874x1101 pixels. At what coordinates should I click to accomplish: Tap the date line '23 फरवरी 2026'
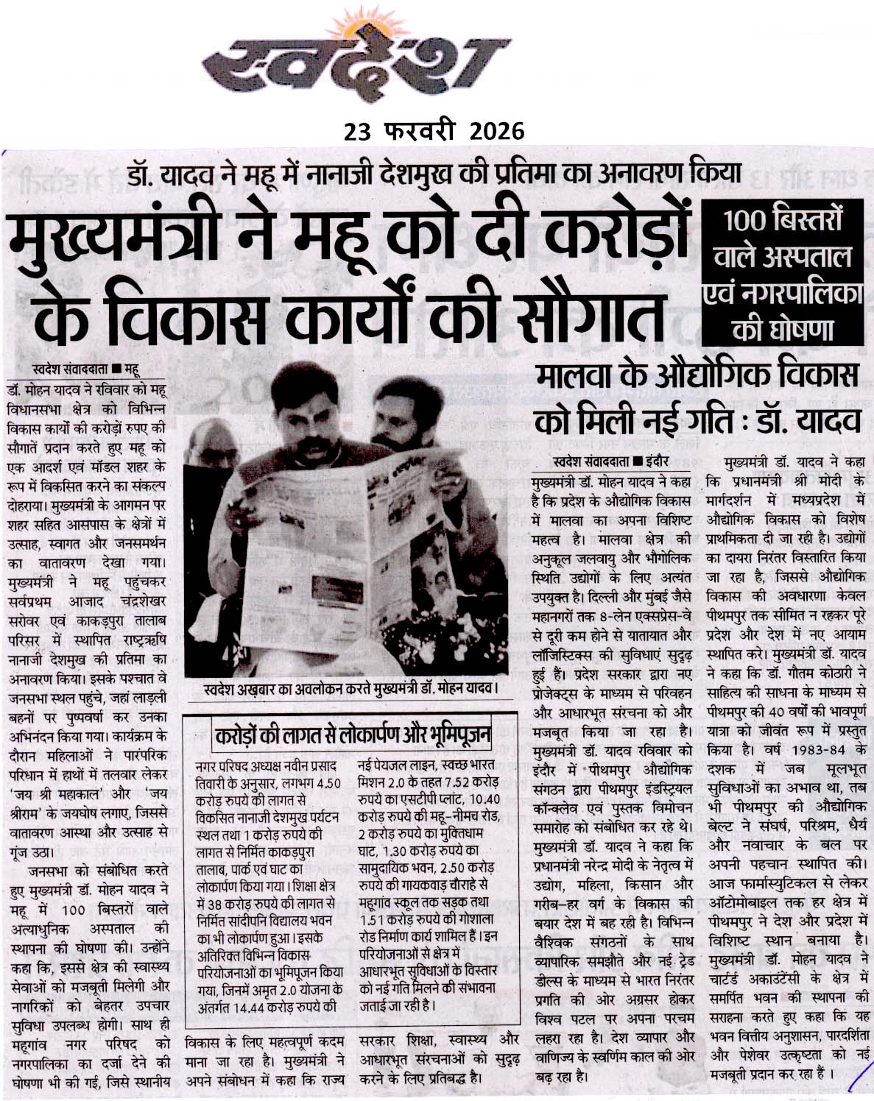pyautogui.click(x=434, y=131)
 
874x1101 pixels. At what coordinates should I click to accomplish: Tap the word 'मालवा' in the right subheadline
pyautogui.click(x=581, y=378)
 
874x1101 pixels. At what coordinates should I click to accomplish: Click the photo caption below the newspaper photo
pyautogui.click(x=349, y=690)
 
